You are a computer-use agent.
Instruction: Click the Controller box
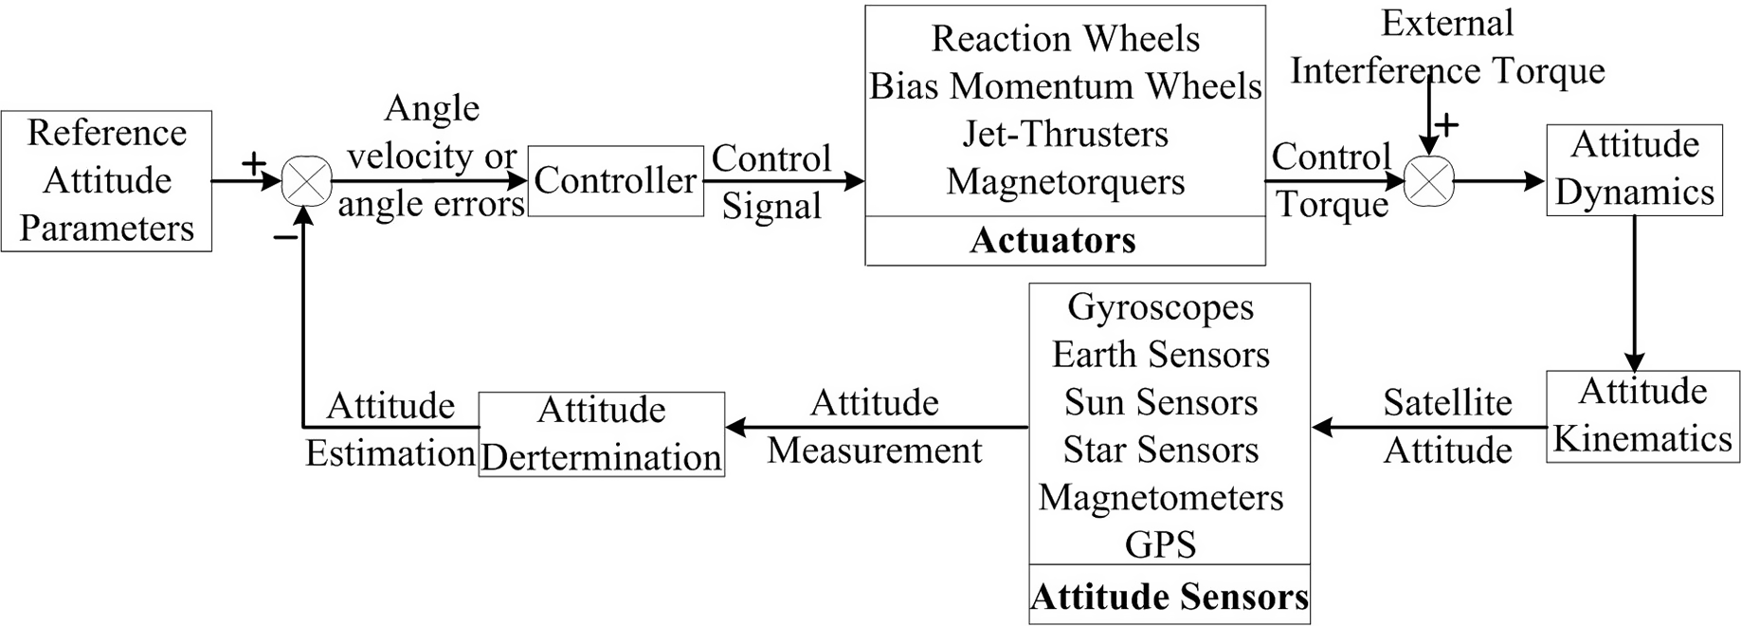pyautogui.click(x=615, y=180)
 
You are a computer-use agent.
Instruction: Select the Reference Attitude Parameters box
pyautogui.click(x=106, y=180)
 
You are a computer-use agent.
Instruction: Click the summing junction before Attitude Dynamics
pyautogui.click(x=1428, y=180)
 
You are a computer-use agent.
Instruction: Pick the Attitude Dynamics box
pyautogui.click(x=1634, y=169)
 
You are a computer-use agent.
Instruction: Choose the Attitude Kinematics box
pyautogui.click(x=1642, y=415)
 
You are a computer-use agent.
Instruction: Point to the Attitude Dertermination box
pyautogui.click(x=601, y=433)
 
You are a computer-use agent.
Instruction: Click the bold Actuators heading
pyautogui.click(x=1052, y=241)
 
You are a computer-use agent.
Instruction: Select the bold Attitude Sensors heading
pyautogui.click(x=1169, y=597)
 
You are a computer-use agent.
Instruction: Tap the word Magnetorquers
pyautogui.click(x=1065, y=181)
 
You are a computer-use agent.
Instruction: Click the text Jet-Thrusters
pyautogui.click(x=1065, y=134)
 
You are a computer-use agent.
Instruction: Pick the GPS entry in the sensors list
pyautogui.click(x=1160, y=544)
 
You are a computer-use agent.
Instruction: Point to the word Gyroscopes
pyautogui.click(x=1160, y=306)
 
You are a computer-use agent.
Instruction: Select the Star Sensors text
pyautogui.click(x=1160, y=450)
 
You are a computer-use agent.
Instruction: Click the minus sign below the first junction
pyautogui.click(x=283, y=237)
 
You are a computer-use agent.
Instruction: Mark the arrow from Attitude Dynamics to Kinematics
pyautogui.click(x=1634, y=294)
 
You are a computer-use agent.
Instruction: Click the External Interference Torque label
pyautogui.click(x=1447, y=47)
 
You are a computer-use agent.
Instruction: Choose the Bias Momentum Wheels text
pyautogui.click(x=1065, y=86)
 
